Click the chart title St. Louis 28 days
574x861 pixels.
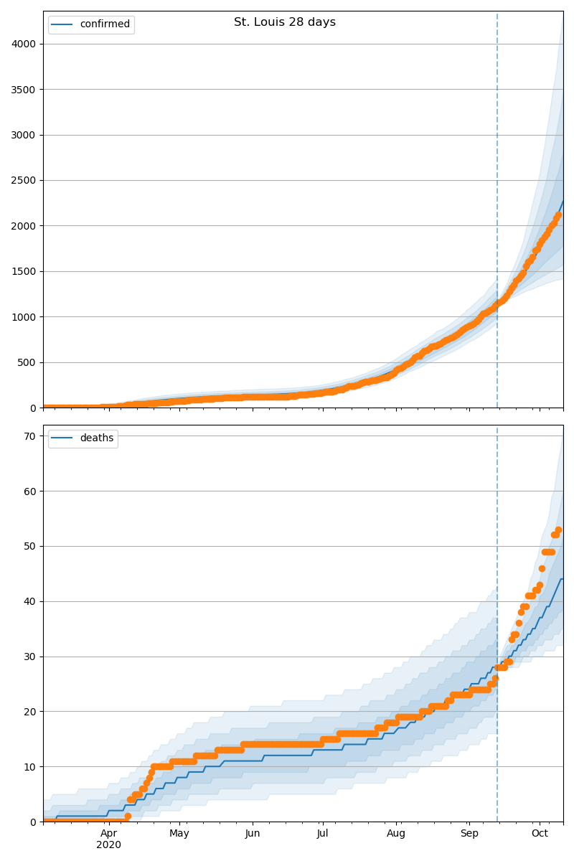285,22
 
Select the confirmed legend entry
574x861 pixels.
105,24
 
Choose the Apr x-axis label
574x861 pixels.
109,834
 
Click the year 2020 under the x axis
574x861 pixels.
109,845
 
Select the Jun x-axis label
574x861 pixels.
253,834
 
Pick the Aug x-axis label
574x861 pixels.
396,834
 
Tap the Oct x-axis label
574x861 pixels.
540,834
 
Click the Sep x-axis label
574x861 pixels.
469,834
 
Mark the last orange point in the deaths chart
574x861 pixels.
558,530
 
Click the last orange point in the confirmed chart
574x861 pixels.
557,215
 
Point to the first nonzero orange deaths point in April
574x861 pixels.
128,816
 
